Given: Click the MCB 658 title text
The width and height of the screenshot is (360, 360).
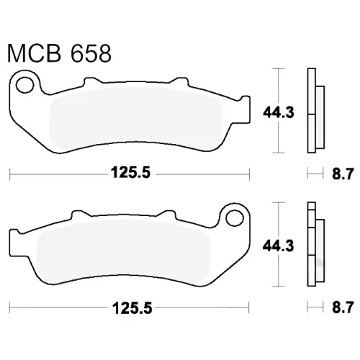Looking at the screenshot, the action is click(x=59, y=53).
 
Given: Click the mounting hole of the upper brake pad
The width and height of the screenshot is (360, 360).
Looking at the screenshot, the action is click(x=24, y=85).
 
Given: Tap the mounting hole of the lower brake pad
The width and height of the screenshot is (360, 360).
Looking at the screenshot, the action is click(x=235, y=218).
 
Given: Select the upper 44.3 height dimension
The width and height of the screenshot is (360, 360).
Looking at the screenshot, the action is click(x=279, y=112).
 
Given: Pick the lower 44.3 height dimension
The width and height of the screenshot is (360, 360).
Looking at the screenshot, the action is click(x=279, y=246).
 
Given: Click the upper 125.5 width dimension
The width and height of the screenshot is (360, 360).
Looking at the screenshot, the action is click(x=130, y=173).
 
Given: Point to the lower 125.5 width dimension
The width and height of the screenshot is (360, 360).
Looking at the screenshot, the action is click(x=132, y=308).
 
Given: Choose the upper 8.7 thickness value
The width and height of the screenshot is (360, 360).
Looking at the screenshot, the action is click(x=343, y=174).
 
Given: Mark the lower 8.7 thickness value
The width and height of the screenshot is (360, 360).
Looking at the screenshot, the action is click(x=343, y=307).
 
